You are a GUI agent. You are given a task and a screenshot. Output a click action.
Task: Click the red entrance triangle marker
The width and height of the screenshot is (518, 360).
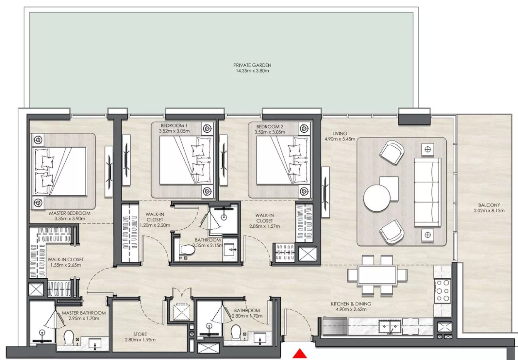tap(300, 354)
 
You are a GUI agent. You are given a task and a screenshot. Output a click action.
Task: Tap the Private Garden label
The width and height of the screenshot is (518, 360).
tap(252, 65)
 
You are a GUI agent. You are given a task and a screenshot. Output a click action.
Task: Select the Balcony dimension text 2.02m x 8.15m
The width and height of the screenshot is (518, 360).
tap(489, 211)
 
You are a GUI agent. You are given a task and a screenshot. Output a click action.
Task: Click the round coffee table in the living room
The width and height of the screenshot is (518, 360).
tap(377, 198)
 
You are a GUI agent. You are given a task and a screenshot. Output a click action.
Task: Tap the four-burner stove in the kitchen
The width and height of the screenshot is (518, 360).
tap(443, 291)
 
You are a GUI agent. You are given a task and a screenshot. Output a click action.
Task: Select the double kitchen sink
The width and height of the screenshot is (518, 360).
tap(390, 326)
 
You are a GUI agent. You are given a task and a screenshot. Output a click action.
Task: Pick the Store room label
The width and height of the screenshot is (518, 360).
tap(140, 334)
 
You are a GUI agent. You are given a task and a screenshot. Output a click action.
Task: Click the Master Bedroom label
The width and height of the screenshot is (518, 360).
tap(70, 213)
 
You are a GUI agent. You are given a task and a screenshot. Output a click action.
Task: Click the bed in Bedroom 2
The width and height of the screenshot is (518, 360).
tap(283, 160)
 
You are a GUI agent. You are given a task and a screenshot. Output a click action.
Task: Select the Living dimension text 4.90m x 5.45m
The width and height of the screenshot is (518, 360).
tap(340, 139)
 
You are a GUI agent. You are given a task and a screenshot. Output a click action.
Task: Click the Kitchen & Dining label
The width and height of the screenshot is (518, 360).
tap(351, 304)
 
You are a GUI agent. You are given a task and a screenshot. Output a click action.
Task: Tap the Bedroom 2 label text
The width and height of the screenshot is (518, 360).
tap(270, 127)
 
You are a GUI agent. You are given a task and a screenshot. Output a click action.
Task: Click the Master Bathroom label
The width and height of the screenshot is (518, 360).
tap(84, 313)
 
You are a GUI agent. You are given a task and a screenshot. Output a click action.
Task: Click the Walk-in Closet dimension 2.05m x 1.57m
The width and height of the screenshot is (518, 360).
tap(265, 226)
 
